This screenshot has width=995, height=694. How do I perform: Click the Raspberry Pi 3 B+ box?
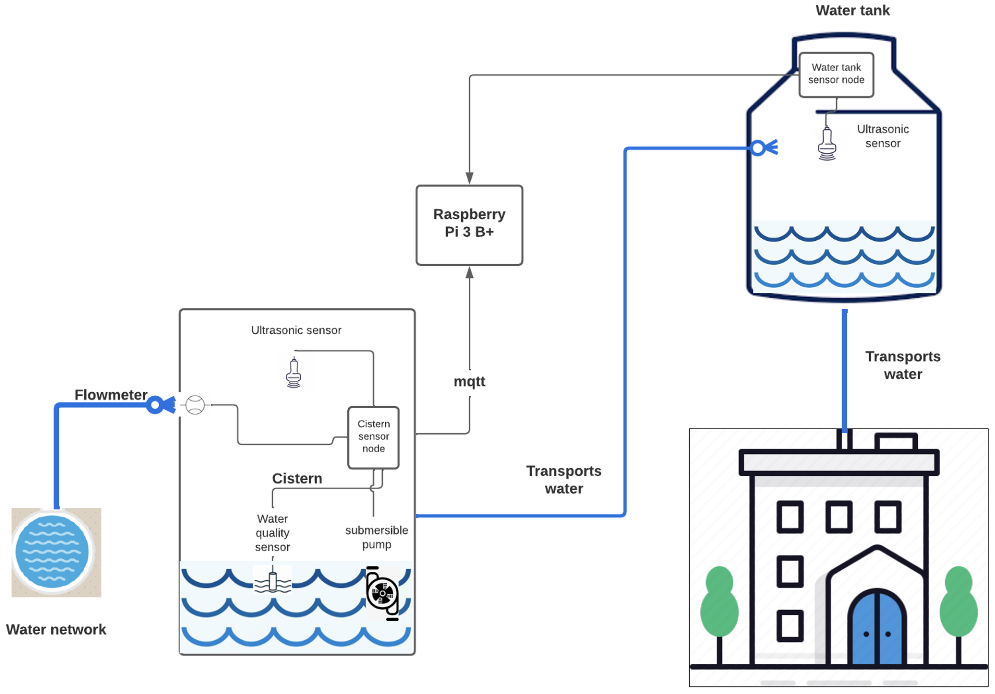click(469, 225)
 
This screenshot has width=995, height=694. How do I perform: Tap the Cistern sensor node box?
click(373, 437)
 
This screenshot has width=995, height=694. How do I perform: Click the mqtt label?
click(469, 381)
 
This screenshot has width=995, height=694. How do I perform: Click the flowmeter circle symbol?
click(195, 405)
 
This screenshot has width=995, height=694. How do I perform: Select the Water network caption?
click(56, 629)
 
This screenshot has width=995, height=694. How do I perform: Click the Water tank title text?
click(853, 10)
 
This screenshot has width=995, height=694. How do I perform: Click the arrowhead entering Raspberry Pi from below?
click(469, 272)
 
